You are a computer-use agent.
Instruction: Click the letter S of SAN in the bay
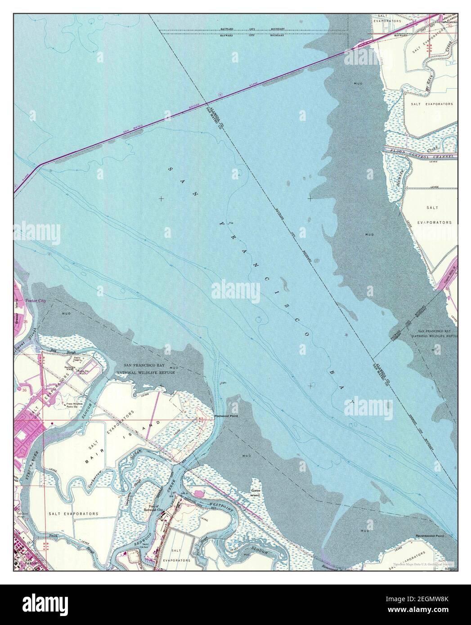(170, 169)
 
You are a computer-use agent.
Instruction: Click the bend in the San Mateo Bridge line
(42, 165)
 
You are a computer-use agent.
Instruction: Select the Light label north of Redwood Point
(222, 383)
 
